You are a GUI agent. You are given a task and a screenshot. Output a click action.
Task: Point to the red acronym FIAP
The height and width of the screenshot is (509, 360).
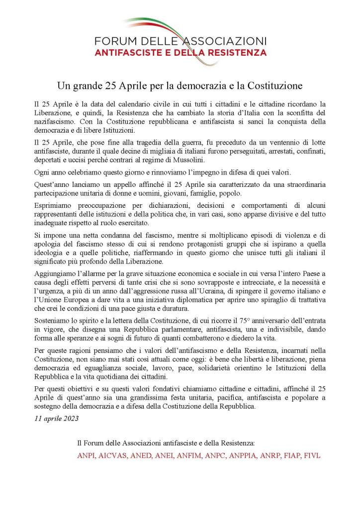point(289,455)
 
